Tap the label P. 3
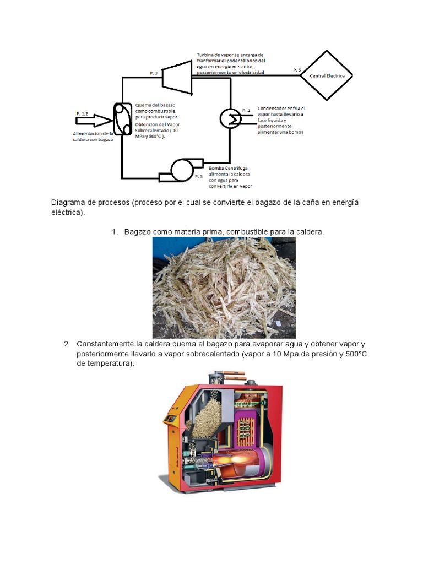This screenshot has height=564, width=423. [154, 73]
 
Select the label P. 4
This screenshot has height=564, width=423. [246, 110]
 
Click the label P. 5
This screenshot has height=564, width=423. [199, 177]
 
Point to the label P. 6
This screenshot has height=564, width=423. [297, 70]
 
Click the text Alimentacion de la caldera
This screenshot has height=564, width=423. [93, 134]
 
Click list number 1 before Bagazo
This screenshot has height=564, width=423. [115, 232]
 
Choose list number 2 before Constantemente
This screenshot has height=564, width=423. [67, 344]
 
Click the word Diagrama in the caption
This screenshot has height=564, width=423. [69, 203]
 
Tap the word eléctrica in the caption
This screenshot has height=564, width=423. [67, 212]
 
